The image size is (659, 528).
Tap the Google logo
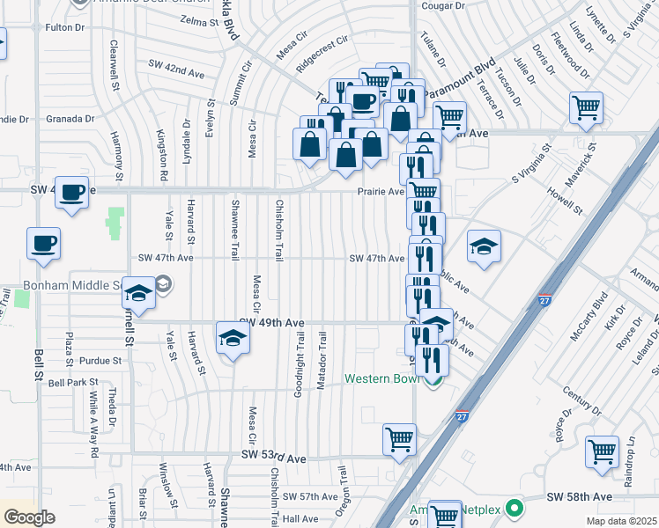pos(29,517)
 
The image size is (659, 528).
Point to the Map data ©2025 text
pos(621,521)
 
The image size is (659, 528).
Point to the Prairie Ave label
pos(381,191)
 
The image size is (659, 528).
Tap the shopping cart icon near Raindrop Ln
pos(603,452)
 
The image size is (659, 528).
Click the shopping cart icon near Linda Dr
pos(586,108)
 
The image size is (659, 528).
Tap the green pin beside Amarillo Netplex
pos(516,509)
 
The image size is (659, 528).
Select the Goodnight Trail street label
pos(300,362)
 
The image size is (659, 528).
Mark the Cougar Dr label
pos(442,6)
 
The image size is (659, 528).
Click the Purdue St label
pos(99,361)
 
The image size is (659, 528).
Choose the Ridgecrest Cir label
pos(322,52)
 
